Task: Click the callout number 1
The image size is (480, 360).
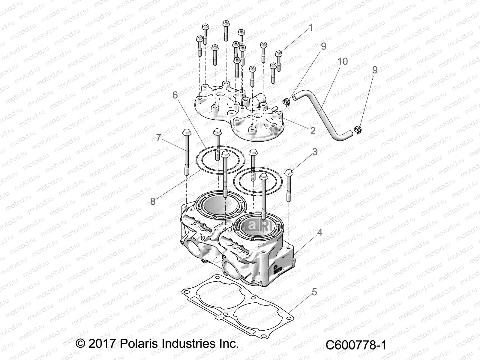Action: click(311, 28)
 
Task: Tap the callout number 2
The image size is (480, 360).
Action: click(313, 131)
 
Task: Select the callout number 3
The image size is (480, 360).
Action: click(315, 152)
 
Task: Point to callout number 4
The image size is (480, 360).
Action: click(320, 232)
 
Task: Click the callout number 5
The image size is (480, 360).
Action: click(314, 292)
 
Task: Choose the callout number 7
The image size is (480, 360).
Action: click(159, 138)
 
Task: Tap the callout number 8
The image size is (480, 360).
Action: click(153, 201)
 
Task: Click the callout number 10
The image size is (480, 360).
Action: click(343, 61)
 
